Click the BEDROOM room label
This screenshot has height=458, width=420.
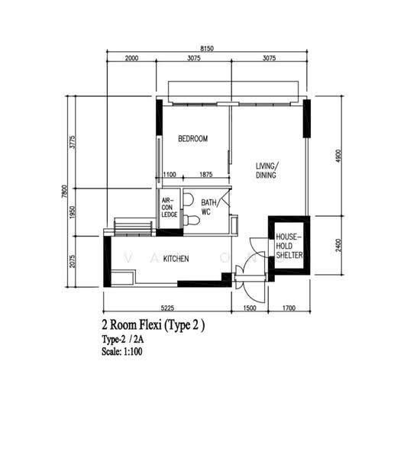click(x=193, y=138)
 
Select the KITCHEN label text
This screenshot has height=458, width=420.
click(x=176, y=259)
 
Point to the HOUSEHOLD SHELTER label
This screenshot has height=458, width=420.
click(x=289, y=246)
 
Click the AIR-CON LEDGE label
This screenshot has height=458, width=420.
click(x=170, y=208)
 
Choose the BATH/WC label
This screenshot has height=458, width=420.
click(x=208, y=207)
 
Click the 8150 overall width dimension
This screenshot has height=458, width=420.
click(x=207, y=49)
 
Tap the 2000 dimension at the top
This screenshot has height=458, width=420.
click(x=131, y=58)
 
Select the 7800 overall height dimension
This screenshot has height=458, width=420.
click(x=65, y=191)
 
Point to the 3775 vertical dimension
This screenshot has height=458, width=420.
click(x=73, y=142)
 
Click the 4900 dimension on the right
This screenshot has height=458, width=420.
click(x=338, y=156)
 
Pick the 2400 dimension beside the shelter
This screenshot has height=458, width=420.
click(x=338, y=245)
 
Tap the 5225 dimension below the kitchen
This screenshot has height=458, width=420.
click(x=167, y=308)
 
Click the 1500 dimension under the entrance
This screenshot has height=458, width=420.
click(x=249, y=308)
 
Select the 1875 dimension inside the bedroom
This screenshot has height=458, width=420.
click(x=205, y=174)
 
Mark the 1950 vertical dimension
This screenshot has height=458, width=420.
click(x=73, y=212)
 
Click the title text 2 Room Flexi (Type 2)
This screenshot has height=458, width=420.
click(x=153, y=325)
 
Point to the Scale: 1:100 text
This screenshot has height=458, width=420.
click(x=122, y=351)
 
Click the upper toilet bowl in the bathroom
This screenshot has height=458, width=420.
click(x=188, y=199)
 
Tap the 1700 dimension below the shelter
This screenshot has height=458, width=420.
click(x=289, y=308)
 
